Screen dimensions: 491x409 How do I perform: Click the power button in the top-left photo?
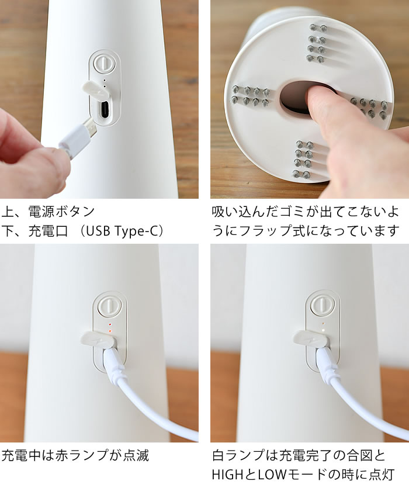click(x=103, y=62)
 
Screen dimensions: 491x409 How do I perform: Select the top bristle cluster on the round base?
click(x=317, y=42)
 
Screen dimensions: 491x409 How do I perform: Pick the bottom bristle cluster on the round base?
click(x=305, y=160)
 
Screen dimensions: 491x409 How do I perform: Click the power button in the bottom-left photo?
click(x=108, y=305)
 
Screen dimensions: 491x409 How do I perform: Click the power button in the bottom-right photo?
click(x=320, y=305)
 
